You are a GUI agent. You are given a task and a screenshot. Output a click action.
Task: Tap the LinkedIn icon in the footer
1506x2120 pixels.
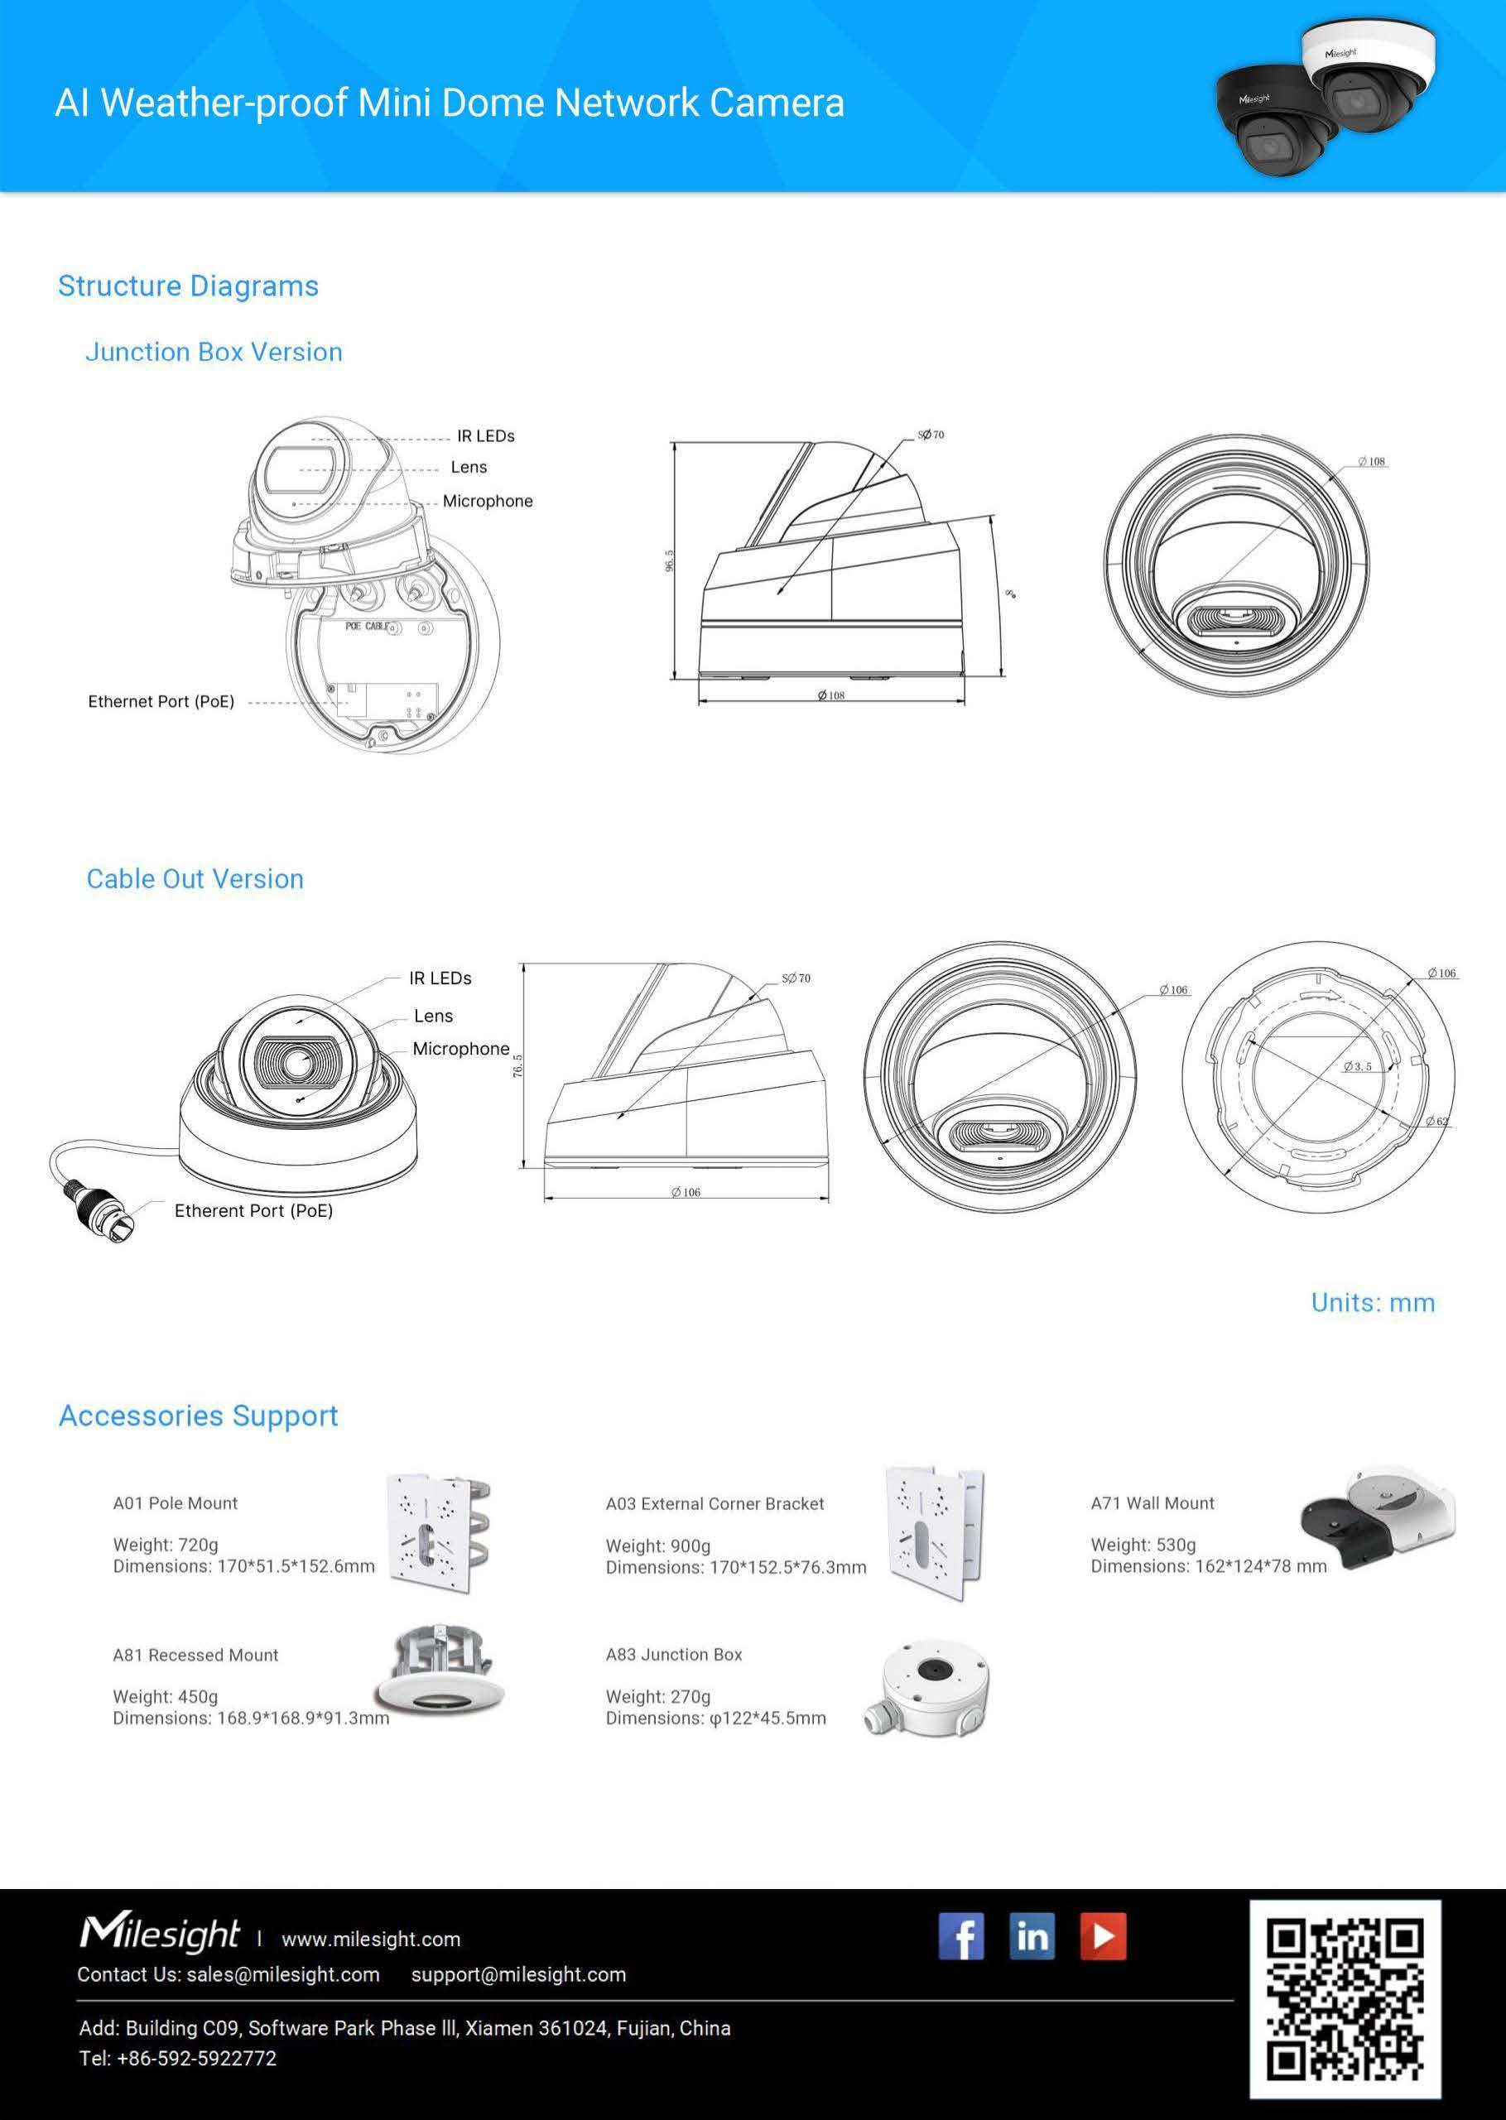pyautogui.click(x=1032, y=1935)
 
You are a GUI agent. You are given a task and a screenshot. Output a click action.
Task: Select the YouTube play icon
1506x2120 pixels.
pyautogui.click(x=1103, y=1935)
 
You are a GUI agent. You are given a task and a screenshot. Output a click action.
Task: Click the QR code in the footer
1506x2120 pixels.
pyautogui.click(x=1344, y=1998)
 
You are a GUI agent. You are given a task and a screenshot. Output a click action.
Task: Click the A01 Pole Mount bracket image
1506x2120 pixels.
pyautogui.click(x=438, y=1534)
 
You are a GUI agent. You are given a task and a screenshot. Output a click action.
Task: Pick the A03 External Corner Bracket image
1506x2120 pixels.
pyautogui.click(x=934, y=1533)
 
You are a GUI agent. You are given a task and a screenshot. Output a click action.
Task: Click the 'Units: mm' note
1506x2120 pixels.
pyautogui.click(x=1373, y=1302)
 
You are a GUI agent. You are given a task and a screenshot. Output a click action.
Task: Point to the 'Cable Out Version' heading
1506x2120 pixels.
pyautogui.click(x=195, y=879)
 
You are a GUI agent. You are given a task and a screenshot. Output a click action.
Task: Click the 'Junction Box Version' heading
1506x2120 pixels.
pyautogui.click(x=214, y=353)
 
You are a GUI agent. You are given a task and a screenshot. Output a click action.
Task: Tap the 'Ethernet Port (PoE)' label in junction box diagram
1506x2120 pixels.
pyautogui.click(x=161, y=702)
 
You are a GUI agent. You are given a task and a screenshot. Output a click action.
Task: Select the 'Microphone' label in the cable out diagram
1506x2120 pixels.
pyautogui.click(x=461, y=1049)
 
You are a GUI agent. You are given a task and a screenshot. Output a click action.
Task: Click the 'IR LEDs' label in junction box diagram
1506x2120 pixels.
pyautogui.click(x=485, y=435)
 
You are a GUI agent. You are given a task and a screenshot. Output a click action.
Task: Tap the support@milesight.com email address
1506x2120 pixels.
pyautogui.click(x=518, y=1974)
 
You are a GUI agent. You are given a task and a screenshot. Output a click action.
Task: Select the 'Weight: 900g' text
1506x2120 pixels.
pyautogui.click(x=657, y=1546)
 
